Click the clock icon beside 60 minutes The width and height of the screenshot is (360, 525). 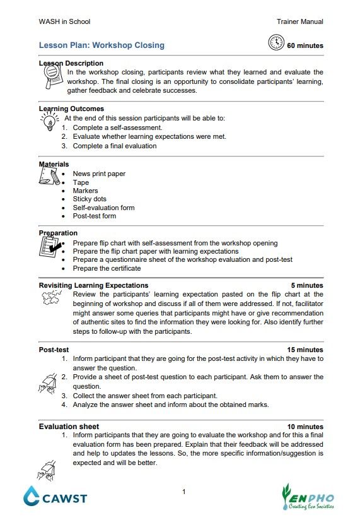(276, 43)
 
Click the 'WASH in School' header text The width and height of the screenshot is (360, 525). (64, 21)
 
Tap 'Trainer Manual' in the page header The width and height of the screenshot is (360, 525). (299, 21)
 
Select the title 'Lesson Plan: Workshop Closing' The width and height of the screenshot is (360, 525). (102, 45)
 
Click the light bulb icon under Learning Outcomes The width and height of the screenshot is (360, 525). (49, 121)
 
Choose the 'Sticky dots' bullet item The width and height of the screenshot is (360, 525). (90, 199)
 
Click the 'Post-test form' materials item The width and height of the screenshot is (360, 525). (94, 216)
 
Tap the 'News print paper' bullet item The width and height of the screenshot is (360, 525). (99, 174)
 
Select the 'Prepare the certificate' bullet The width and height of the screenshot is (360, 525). (107, 268)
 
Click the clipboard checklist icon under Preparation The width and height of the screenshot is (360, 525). (50, 250)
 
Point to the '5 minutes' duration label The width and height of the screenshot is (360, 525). (307, 285)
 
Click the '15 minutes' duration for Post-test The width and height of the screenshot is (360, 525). (305, 350)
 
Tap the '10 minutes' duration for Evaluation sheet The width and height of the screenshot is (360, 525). (305, 427)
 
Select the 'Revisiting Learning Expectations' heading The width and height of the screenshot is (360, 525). (93, 285)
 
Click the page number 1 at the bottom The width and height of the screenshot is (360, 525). (183, 492)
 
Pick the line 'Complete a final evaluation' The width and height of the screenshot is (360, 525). (114, 146)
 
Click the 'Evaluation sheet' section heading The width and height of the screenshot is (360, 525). (69, 427)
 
